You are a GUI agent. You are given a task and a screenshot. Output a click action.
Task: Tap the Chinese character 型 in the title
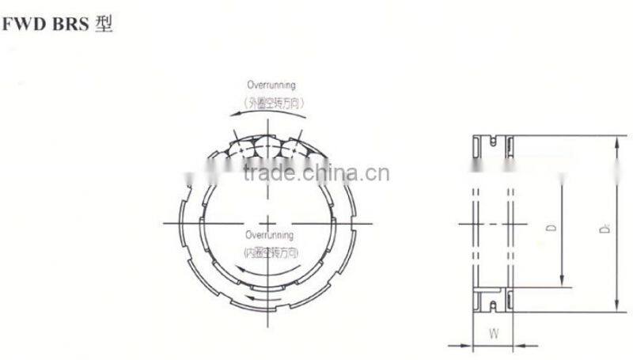tap(104, 25)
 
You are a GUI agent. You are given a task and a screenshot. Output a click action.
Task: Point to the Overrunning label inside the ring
tap(269, 235)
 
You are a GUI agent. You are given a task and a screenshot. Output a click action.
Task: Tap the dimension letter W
tap(493, 333)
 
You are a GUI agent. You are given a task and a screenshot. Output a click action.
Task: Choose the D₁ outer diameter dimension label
tap(603, 228)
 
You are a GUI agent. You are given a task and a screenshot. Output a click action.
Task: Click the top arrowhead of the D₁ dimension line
tap(616, 141)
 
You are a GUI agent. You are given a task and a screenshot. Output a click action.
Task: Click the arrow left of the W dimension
tap(465, 344)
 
